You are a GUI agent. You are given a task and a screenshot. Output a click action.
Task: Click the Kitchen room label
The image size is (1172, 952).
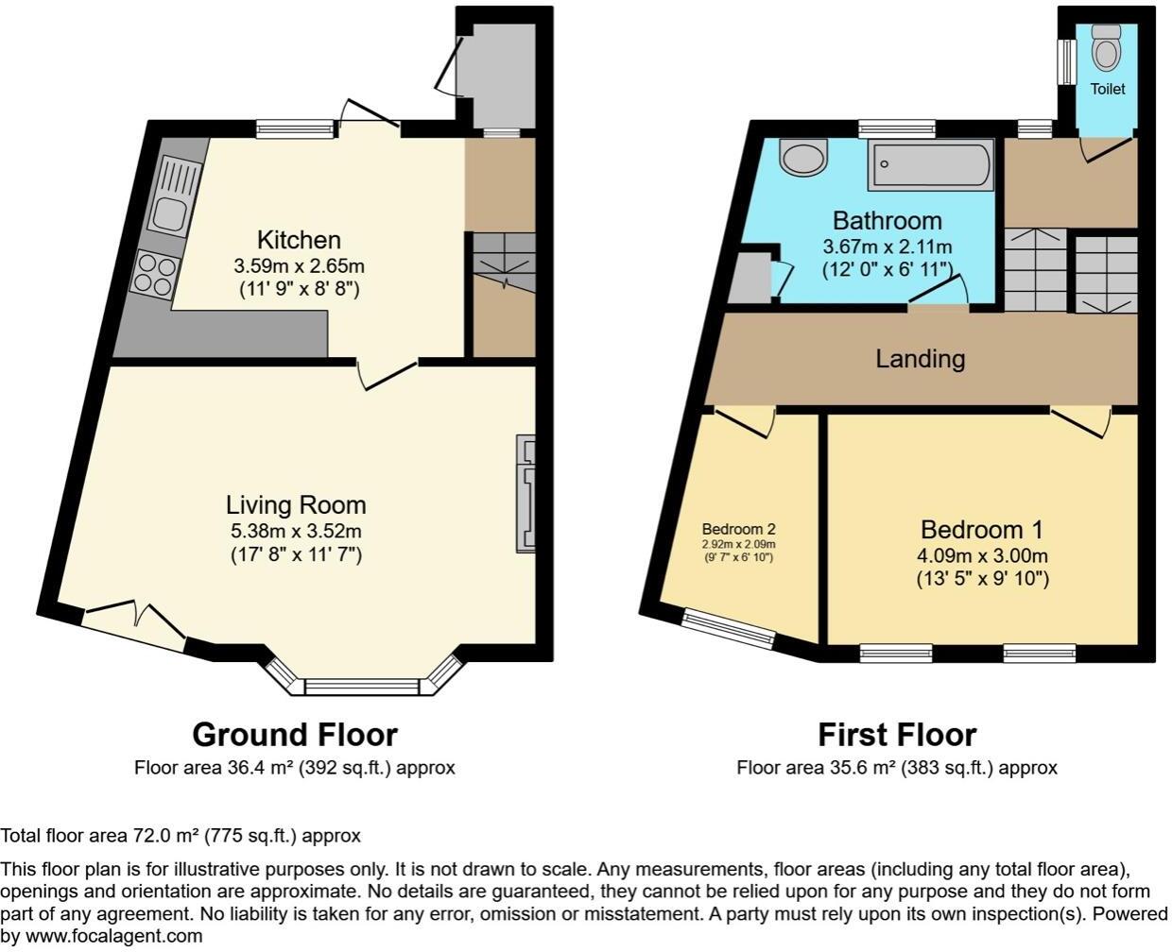pos(299,240)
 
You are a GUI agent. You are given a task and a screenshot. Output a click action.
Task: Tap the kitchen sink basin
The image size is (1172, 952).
pos(171,216)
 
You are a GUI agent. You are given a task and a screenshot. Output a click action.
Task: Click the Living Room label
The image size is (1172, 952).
pos(296,505)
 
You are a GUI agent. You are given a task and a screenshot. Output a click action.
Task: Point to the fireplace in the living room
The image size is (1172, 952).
pos(526,493)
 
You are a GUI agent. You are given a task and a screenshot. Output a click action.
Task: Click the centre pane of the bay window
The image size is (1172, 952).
pos(361,687)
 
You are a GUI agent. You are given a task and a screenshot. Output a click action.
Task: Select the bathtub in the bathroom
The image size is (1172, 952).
pos(931,165)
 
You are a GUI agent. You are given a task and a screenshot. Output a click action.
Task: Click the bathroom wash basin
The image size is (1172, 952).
pos(803,157)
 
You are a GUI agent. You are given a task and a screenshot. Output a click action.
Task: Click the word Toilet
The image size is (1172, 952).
pos(1108,89)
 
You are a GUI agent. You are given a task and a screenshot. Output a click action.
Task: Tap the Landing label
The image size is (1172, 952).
pos(920,359)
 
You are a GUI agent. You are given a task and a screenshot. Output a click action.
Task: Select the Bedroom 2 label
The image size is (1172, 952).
pos(738,530)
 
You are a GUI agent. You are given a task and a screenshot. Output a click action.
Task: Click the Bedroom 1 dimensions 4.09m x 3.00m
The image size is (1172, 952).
pos(982,555)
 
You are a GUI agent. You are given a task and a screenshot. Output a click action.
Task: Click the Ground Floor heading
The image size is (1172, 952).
pos(295,734)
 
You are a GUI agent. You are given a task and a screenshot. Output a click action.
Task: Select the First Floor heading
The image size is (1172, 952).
pos(896,734)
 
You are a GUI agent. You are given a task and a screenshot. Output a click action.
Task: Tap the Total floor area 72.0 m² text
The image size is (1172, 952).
pos(180,836)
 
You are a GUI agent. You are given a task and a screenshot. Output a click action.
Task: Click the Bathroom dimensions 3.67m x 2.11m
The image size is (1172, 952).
pos(887,246)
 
